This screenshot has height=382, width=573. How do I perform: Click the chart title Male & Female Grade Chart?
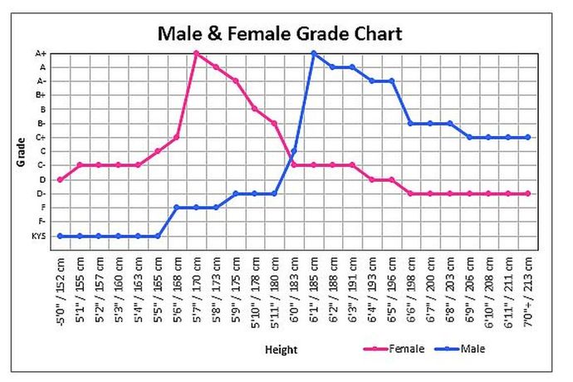[x=280, y=33]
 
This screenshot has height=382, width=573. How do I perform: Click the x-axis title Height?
[x=281, y=350]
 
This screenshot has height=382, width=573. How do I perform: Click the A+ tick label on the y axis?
[x=41, y=53]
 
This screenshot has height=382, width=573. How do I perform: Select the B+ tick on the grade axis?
[x=41, y=95]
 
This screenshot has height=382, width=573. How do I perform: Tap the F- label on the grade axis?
[x=42, y=222]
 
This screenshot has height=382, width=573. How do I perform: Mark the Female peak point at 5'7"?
[x=196, y=53]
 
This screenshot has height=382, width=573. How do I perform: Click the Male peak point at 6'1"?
[x=313, y=53]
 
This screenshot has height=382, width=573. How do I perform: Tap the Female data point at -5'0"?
[x=60, y=179]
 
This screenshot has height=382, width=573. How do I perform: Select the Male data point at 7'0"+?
[x=528, y=137]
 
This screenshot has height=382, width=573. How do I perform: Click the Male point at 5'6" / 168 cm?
[x=177, y=208]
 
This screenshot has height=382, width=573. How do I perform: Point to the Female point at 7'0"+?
[x=528, y=193]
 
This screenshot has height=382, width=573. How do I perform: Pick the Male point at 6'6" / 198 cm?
[x=411, y=123]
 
